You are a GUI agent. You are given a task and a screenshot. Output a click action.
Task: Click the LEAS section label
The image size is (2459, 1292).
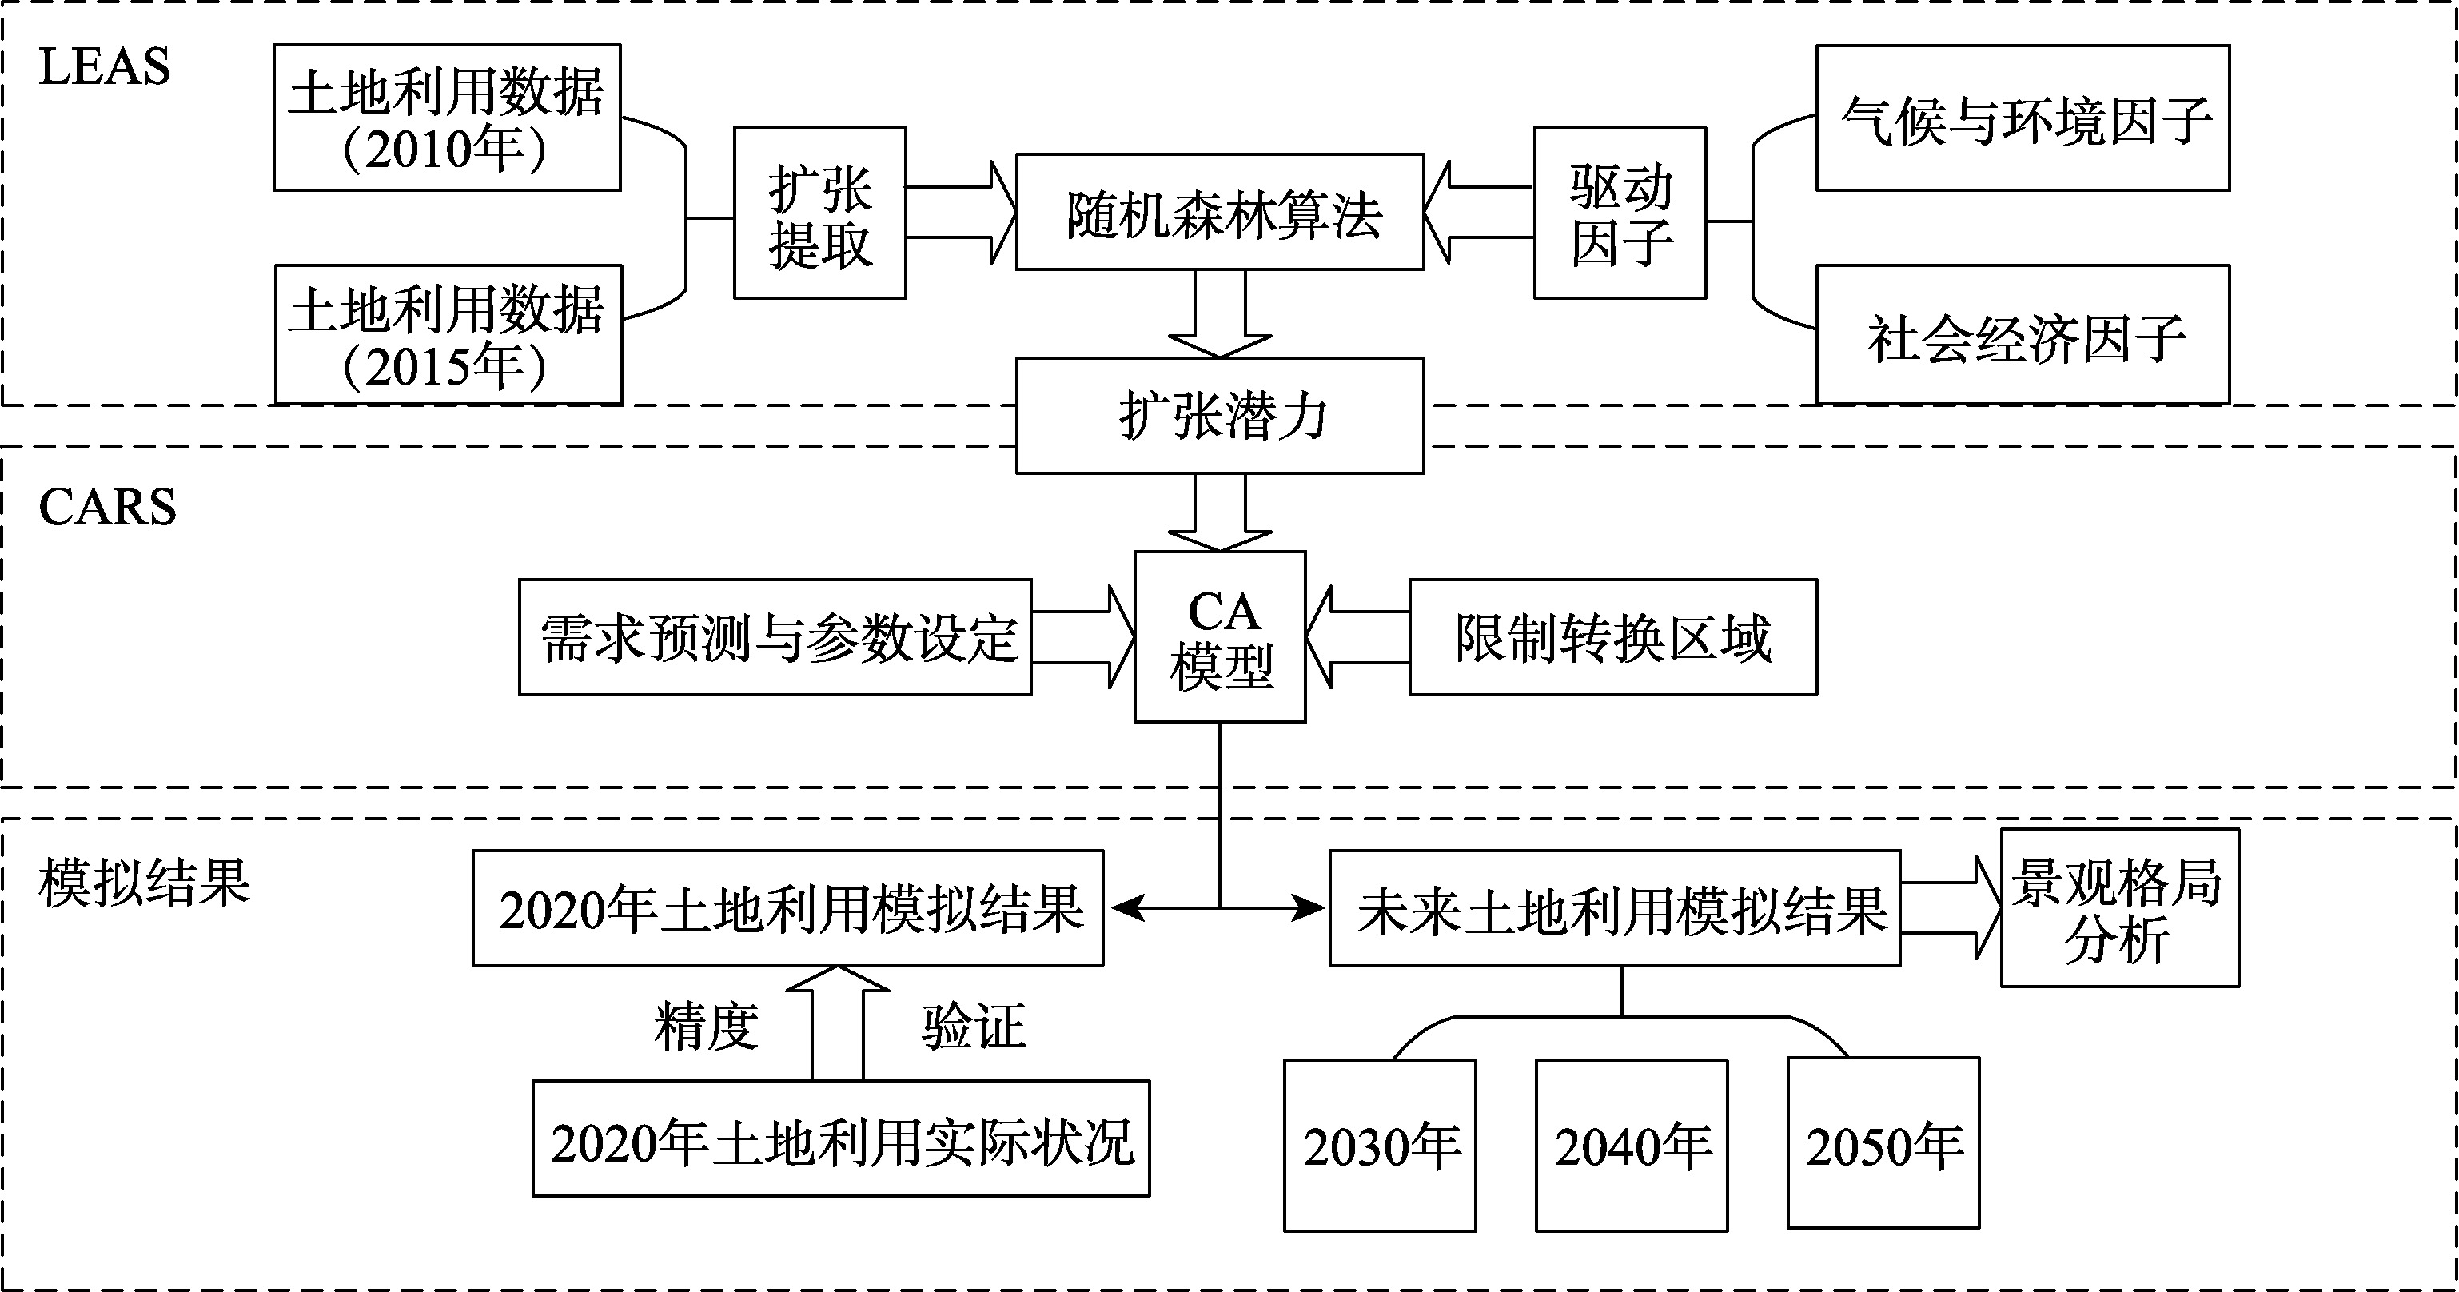click(x=104, y=67)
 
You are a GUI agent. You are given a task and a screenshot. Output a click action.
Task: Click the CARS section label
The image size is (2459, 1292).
click(x=107, y=506)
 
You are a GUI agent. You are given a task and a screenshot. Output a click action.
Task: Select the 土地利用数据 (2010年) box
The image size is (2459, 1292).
click(x=447, y=118)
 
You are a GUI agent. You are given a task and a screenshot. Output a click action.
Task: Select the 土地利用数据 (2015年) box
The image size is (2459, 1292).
click(x=448, y=335)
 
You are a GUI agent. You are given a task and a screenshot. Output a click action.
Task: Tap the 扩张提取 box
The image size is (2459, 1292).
click(x=819, y=213)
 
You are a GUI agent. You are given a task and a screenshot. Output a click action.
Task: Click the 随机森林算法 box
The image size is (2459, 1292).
click(x=1219, y=212)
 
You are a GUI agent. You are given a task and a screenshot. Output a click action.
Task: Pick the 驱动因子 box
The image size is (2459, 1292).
click(x=1619, y=213)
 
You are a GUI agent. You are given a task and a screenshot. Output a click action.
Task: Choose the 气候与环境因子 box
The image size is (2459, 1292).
click(x=2022, y=118)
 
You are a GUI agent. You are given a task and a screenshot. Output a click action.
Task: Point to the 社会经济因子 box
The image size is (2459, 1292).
click(x=2022, y=335)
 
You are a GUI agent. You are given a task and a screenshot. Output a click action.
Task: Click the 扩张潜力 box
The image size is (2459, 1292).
click(x=1219, y=416)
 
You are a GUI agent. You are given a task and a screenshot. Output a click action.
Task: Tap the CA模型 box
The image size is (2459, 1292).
click(x=1219, y=637)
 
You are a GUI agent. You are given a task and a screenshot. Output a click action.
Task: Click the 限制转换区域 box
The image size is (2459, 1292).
click(x=1612, y=637)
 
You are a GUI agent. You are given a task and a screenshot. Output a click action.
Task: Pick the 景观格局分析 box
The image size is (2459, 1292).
click(x=2119, y=908)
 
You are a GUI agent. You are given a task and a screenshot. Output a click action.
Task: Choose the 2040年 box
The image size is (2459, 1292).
click(x=1631, y=1145)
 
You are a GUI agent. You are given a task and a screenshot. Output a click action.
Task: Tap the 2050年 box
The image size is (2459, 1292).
click(x=1883, y=1143)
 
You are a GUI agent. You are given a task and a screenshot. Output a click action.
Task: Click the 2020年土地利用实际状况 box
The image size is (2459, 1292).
click(x=840, y=1138)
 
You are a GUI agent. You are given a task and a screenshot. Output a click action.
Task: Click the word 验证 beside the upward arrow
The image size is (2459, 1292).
click(x=973, y=1027)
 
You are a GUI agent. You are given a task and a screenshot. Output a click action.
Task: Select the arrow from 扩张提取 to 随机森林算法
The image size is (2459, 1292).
click(x=960, y=212)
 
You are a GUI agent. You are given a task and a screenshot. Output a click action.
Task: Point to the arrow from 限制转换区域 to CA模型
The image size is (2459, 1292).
click(x=1357, y=637)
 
